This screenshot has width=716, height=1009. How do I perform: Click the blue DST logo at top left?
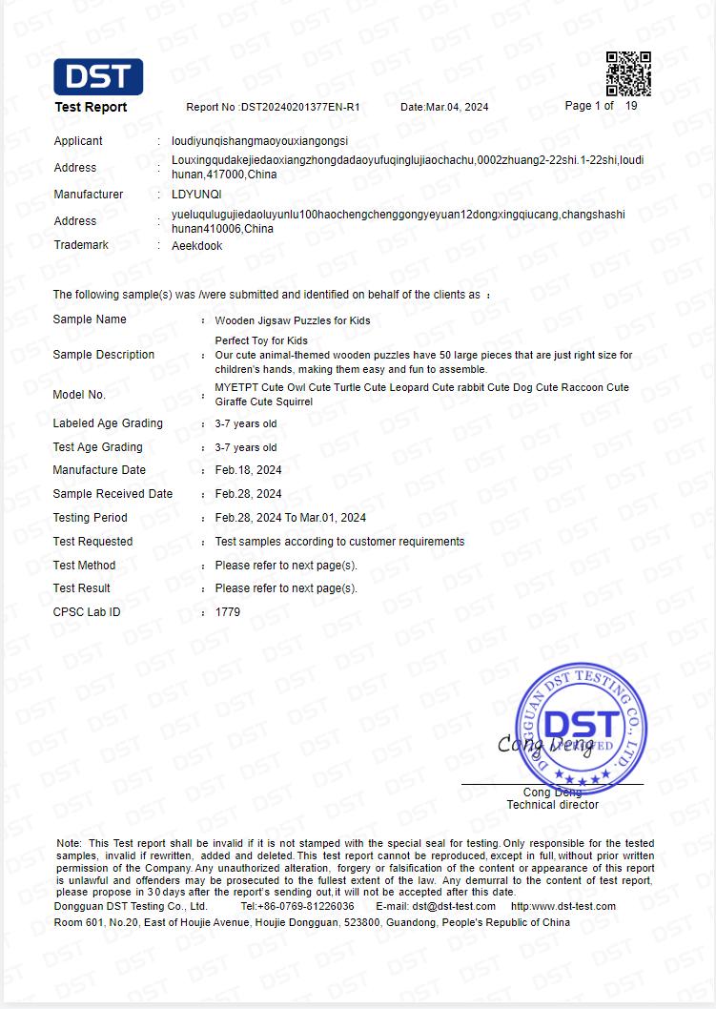click(x=98, y=76)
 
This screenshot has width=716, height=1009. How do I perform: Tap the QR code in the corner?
click(x=628, y=73)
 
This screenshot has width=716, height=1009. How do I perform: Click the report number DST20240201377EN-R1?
click(x=299, y=107)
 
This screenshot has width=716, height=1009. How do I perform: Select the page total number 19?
click(x=631, y=106)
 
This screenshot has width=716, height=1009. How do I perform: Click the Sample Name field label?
click(x=90, y=319)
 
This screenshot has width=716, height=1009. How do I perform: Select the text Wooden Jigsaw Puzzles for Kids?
click(x=293, y=320)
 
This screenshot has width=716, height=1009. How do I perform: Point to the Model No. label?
click(x=79, y=395)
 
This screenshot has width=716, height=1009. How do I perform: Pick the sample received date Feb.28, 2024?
click(x=248, y=494)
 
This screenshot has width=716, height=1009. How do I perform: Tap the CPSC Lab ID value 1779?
click(x=228, y=612)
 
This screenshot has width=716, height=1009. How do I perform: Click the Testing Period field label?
click(x=90, y=518)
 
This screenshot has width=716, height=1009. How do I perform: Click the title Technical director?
click(x=553, y=805)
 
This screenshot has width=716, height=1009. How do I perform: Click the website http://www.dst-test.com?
click(x=563, y=906)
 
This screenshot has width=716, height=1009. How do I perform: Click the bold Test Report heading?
click(x=91, y=107)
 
